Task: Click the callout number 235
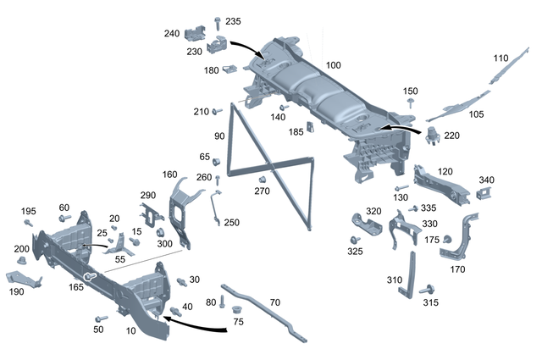(x=233, y=21)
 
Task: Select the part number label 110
(x=501, y=58)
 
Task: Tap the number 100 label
(x=333, y=65)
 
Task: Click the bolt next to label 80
(x=223, y=302)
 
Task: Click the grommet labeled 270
(x=263, y=179)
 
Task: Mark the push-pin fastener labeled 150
(x=411, y=102)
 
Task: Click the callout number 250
(x=230, y=222)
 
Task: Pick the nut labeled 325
(x=354, y=240)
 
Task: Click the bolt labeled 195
(x=28, y=223)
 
